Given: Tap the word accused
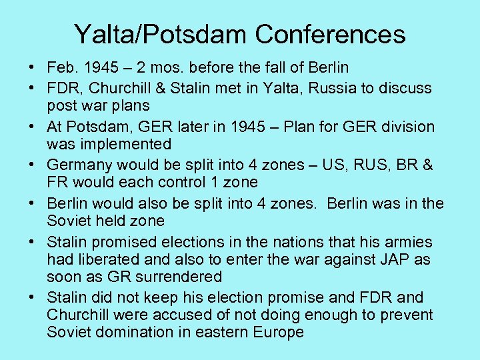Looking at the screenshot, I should pos(192,315).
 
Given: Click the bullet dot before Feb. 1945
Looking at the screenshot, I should pos(32,68).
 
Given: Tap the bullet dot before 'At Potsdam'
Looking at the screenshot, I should pos(32,127).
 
